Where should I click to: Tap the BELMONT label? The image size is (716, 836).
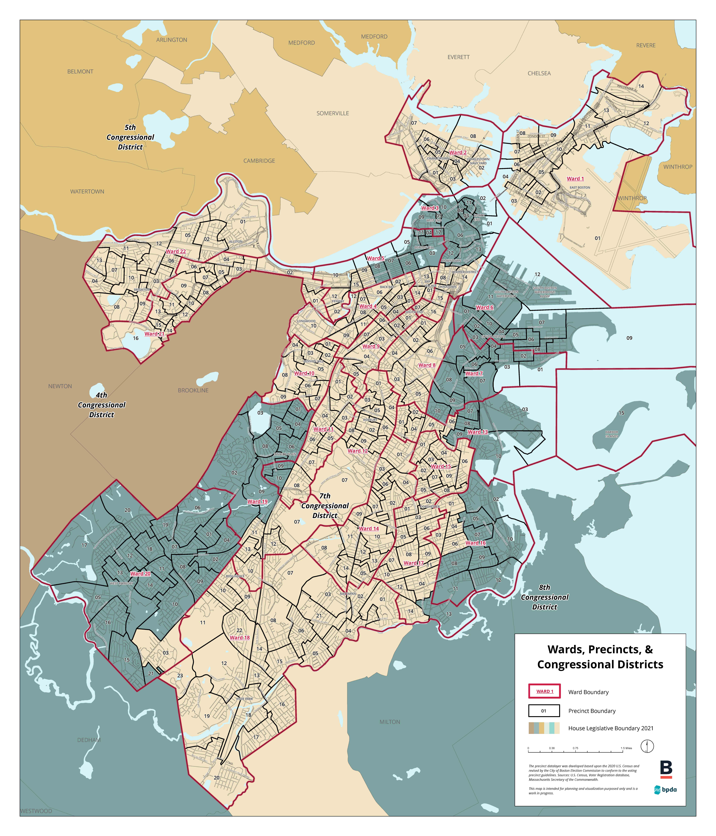(x=80, y=71)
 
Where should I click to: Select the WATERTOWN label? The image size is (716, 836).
(x=87, y=192)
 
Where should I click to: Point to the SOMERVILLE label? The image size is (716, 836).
(x=333, y=113)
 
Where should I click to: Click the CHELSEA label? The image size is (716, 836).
(x=539, y=73)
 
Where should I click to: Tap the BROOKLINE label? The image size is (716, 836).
(x=193, y=391)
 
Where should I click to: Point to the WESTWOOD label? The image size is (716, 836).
(x=36, y=811)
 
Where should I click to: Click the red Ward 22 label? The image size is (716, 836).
(x=176, y=251)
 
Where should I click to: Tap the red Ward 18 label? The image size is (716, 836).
(x=239, y=637)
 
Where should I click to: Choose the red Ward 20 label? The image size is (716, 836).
(x=140, y=573)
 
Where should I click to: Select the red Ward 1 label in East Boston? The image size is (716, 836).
(x=575, y=179)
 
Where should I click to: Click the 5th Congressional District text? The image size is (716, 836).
(x=130, y=137)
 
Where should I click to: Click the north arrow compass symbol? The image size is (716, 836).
(x=647, y=746)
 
